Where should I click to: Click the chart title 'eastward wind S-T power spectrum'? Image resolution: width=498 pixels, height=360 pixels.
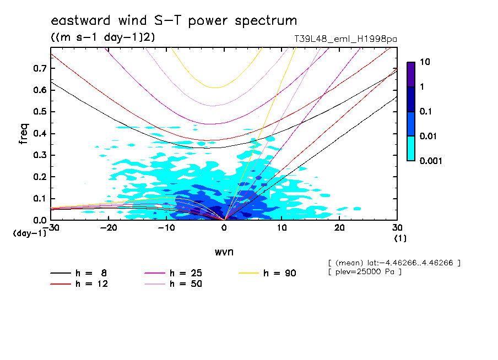174,21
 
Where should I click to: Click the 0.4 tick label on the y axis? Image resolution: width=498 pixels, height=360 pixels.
40,134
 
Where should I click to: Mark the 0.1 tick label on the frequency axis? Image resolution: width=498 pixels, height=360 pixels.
40,199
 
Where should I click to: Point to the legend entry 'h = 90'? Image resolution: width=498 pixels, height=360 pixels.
279,273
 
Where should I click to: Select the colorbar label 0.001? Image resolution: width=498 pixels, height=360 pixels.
431,161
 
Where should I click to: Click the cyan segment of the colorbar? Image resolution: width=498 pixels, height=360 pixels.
411,148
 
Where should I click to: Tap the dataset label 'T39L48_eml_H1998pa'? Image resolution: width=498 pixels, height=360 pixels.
346,39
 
